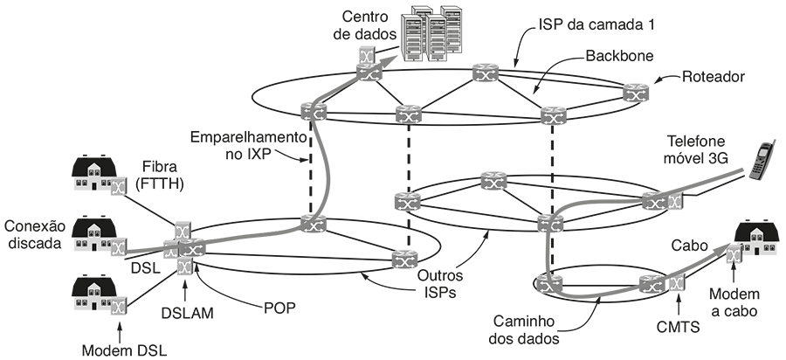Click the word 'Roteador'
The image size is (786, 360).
pos(715,77)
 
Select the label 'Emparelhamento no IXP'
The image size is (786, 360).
pos(250,146)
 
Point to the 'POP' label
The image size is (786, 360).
pos(279,308)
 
